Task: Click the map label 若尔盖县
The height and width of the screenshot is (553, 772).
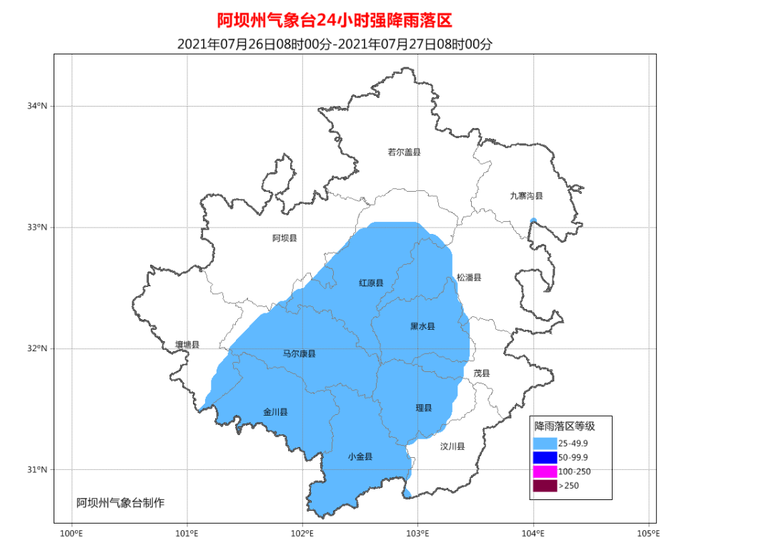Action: pos(404,152)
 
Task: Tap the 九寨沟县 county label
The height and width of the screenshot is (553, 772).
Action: pos(526,195)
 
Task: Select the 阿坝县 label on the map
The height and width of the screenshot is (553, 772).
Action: pos(284,238)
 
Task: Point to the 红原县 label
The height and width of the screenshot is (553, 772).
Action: pos(370,283)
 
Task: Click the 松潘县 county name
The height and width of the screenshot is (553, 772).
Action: pos(469,278)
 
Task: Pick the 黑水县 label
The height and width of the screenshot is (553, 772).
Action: pos(422,326)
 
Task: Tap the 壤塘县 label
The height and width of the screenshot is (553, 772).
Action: pos(187,344)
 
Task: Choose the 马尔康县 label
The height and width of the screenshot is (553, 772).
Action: pos(299,353)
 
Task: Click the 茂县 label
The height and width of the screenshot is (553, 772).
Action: pos(482,373)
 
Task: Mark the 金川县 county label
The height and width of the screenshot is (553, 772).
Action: pos(275,412)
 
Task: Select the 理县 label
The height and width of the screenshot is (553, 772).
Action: pos(424,408)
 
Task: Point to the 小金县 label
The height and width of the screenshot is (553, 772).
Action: pos(360,456)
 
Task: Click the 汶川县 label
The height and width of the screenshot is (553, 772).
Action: pos(452,446)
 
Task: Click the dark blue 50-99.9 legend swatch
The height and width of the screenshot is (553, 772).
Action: pos(545,457)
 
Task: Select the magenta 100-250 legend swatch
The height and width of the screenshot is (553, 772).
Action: pos(545,471)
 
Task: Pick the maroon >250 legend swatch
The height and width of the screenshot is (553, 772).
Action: pos(545,486)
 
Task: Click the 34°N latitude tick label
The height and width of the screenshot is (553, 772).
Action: pos(37,107)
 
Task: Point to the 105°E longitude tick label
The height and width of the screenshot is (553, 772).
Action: pos(648,534)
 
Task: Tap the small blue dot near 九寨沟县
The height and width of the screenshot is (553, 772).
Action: pos(533,221)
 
